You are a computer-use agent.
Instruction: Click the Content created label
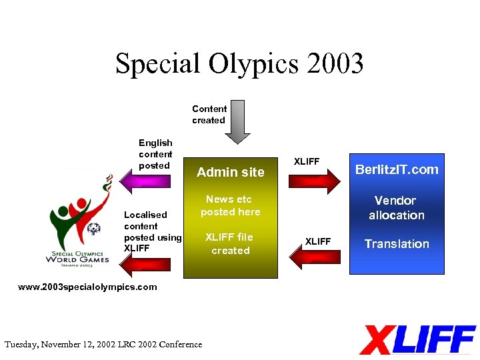[x=209, y=115]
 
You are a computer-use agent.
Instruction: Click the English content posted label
[x=155, y=154]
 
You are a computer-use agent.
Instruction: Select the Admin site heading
[x=231, y=172]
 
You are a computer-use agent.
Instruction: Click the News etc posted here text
[x=231, y=205]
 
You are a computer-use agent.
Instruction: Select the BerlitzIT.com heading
[x=397, y=169]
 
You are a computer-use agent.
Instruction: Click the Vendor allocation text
[x=397, y=207]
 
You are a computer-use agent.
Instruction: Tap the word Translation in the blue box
[x=397, y=244]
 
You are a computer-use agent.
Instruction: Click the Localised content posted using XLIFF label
[x=152, y=231]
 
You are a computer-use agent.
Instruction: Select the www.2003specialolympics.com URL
[x=87, y=287]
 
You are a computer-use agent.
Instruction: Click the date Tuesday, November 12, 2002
[x=63, y=345]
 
